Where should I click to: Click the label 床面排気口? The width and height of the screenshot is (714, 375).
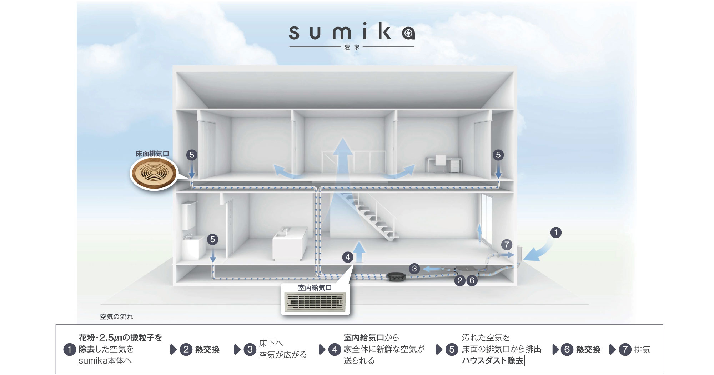coord(152,154)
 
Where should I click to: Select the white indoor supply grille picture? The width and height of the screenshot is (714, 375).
coord(315,301)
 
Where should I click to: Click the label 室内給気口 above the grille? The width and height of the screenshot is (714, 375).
coord(315,287)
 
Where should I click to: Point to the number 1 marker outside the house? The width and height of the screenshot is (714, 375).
coord(555,232)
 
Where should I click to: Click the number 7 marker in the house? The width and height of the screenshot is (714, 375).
coord(507,245)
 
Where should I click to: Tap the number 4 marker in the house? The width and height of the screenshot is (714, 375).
coord(348,257)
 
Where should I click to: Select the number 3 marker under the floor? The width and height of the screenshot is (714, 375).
coord(414,269)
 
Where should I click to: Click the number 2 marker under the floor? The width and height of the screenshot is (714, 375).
coord(460,281)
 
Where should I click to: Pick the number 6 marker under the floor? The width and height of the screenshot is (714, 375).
coord(472,281)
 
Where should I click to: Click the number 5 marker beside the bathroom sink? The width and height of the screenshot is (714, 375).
coord(212,239)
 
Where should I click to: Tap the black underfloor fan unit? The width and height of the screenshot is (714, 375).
coord(395,276)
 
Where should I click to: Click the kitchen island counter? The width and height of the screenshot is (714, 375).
coord(290,244)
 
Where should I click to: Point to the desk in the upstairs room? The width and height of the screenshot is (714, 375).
coord(443,164)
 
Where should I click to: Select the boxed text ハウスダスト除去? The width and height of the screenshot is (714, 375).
coord(493,361)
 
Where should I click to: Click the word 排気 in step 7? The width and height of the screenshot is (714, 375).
coord(642,350)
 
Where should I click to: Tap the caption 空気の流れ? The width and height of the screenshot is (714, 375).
coord(116,316)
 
